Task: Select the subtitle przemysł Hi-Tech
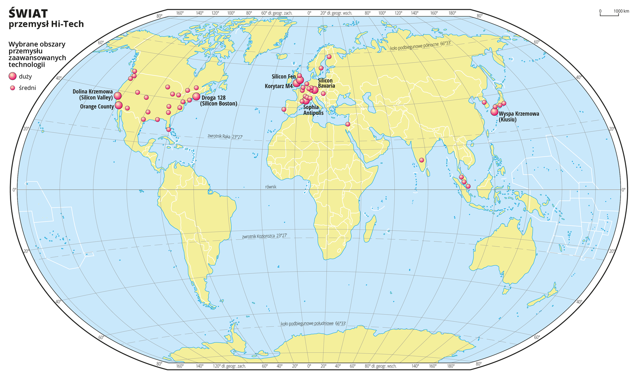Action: [46, 24]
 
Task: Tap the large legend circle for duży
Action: [13, 76]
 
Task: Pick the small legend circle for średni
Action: [13, 88]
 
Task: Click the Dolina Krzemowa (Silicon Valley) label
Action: [93, 94]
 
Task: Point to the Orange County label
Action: [97, 107]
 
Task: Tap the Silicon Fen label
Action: [283, 76]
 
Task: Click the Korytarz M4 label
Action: [279, 86]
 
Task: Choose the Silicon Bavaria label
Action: [326, 83]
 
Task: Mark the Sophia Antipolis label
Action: [313, 110]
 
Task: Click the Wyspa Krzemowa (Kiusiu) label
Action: [519, 116]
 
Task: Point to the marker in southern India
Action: [422, 160]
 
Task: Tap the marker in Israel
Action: [348, 124]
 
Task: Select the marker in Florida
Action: [169, 129]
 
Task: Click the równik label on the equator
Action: [270, 187]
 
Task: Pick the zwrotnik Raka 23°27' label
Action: [225, 136]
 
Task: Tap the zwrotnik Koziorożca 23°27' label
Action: [264, 236]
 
